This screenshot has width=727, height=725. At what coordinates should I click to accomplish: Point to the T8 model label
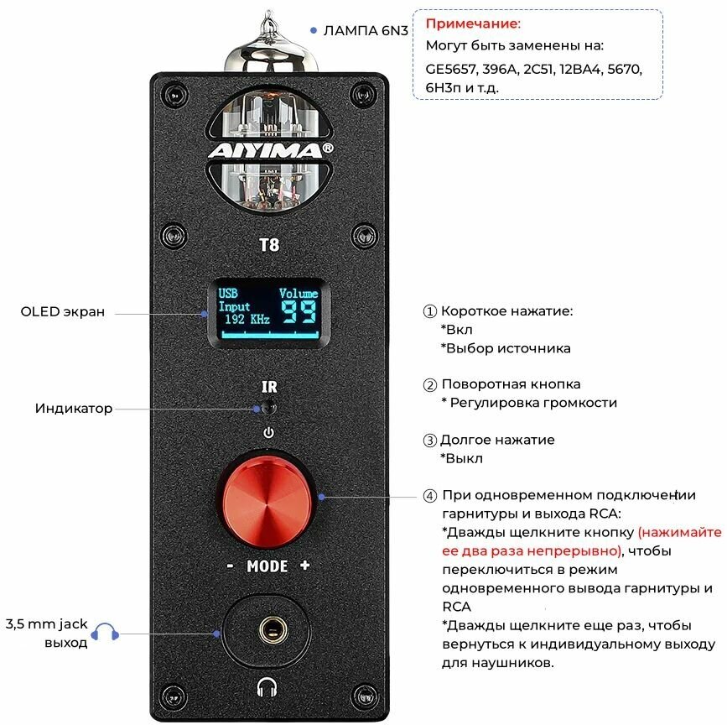(268, 245)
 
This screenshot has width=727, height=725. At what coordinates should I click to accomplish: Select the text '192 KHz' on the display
(247, 320)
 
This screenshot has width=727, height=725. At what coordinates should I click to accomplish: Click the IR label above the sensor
(269, 388)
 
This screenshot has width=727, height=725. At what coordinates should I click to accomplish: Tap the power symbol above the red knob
(268, 434)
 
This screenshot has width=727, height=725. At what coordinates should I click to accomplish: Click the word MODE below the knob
(267, 566)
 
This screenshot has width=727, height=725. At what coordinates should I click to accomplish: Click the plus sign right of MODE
(304, 566)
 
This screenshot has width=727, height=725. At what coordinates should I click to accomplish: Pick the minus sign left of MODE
(230, 566)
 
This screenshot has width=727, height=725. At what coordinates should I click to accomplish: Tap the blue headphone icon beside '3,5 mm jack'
(105, 633)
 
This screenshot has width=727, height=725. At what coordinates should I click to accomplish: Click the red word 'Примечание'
(473, 24)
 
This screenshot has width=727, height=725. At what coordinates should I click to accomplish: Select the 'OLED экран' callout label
(63, 312)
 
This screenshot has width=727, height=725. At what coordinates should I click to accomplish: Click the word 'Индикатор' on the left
(74, 409)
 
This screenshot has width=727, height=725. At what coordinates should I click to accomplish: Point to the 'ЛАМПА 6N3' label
(366, 30)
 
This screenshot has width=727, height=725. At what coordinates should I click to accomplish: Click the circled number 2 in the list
(430, 386)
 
